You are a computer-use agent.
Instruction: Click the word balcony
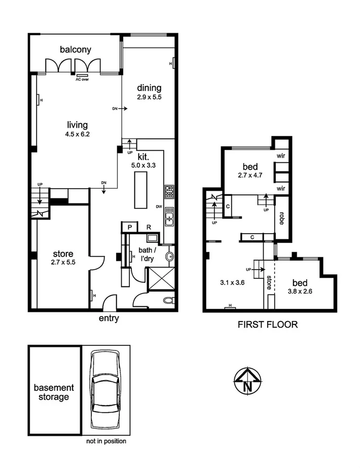75,49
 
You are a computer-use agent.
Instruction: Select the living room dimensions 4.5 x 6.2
78,134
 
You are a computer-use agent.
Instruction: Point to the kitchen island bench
140,190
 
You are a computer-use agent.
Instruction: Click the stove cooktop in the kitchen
169,192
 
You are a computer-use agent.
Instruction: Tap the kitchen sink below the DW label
169,218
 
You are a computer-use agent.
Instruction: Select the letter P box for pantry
129,228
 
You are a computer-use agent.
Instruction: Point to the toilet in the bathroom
168,300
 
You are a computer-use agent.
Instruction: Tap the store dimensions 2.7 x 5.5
63,263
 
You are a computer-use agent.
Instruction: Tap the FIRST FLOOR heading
267,325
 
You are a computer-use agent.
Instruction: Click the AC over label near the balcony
82,79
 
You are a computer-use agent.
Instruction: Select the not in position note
106,441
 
